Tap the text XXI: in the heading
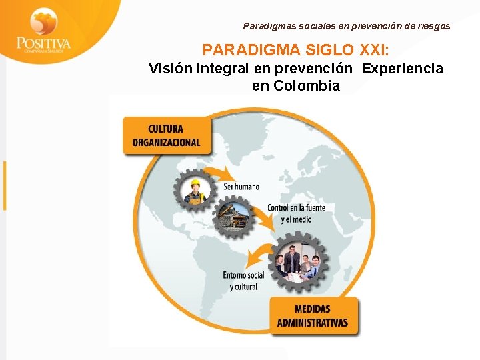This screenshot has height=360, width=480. coord(379,50)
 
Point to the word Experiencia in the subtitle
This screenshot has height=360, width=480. coord(403,69)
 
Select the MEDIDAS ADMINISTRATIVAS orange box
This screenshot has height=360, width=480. coord(313,316)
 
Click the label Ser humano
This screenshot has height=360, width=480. coord(241,187)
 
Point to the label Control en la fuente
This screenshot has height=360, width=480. coord(296,208)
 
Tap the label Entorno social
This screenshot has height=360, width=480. coord(243,275)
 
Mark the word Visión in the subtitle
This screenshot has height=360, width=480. coord(170,69)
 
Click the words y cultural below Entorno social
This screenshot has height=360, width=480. coord(243,287)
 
